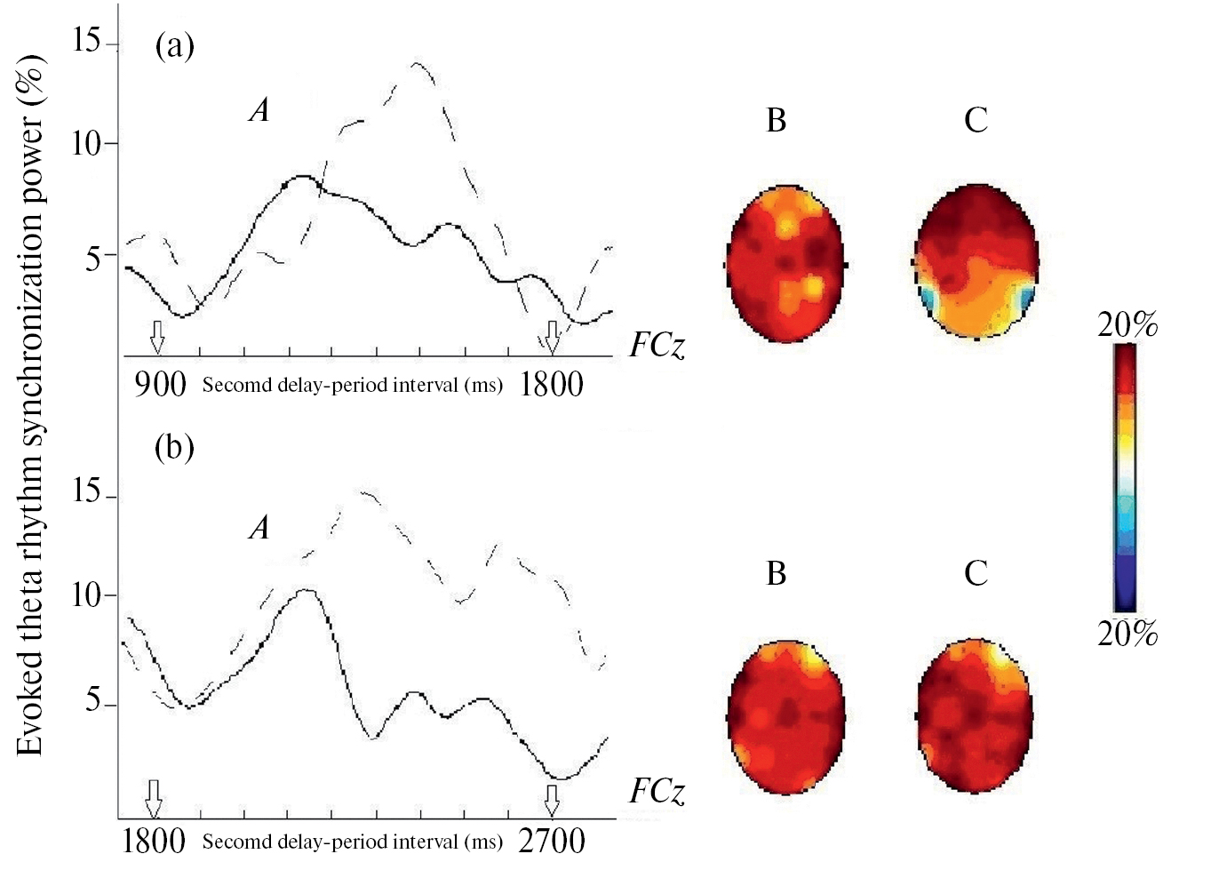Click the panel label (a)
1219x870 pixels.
[174, 44]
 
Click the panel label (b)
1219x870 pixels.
[174, 446]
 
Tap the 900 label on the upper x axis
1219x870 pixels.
[160, 385]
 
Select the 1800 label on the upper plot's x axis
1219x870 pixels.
[551, 385]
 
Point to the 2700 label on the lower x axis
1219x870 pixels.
[551, 840]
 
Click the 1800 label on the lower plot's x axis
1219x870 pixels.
[154, 840]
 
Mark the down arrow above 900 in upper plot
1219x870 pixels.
[157, 337]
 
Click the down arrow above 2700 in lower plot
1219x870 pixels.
[552, 799]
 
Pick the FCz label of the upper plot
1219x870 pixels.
[657, 345]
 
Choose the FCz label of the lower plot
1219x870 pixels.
[657, 791]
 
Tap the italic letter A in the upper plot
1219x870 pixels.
[259, 110]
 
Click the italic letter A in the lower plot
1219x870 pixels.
[259, 528]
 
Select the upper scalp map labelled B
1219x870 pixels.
[785, 264]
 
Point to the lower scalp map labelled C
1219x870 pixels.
[973, 714]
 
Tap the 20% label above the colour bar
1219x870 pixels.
[1127, 325]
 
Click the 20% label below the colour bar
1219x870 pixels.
[1127, 634]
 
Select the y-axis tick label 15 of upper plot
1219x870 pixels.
[87, 40]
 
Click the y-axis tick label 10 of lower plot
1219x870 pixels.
[87, 595]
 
